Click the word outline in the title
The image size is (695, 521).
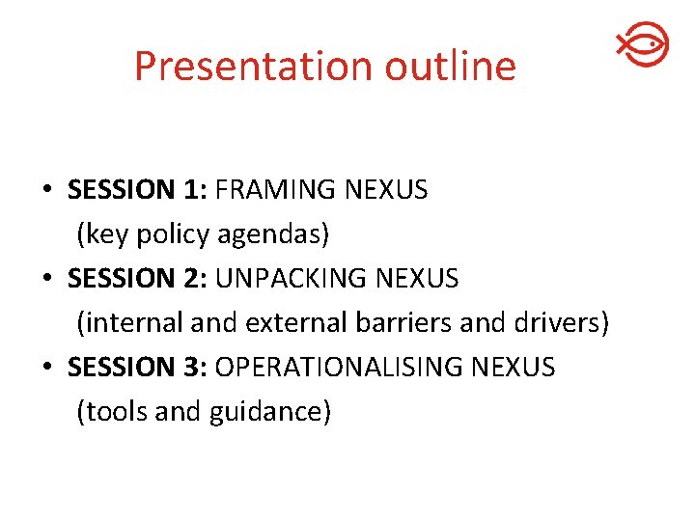tap(451, 67)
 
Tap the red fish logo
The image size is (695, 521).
tap(642, 44)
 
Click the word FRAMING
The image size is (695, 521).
tap(276, 190)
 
